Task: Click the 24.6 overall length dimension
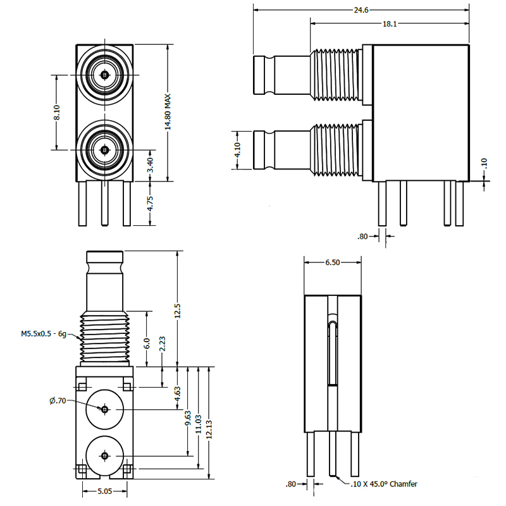[361, 10]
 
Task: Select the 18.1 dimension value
[390, 24]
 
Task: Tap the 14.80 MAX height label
[168, 113]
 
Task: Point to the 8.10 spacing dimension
[57, 113]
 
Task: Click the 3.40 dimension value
[150, 166]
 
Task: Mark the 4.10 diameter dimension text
[237, 151]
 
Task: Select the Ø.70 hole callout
[58, 400]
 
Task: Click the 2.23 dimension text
[163, 345]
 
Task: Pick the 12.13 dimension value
[209, 428]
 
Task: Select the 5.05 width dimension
[105, 490]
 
